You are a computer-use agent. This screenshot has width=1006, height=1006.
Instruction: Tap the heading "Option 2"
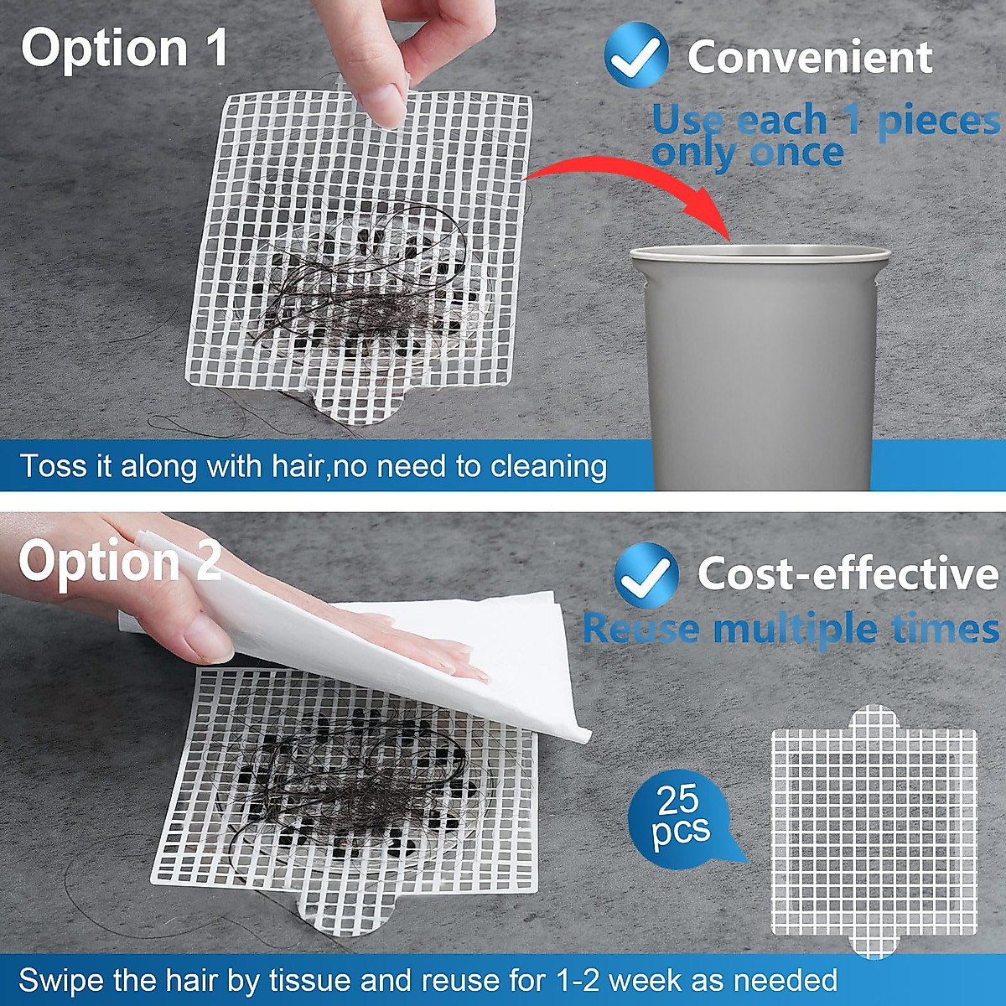[x=120, y=561]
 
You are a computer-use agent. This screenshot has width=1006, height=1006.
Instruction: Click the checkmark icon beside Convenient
[x=636, y=55]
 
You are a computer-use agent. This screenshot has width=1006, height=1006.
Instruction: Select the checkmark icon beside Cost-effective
[x=646, y=575]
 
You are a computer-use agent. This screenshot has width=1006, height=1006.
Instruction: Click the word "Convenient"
[x=809, y=57]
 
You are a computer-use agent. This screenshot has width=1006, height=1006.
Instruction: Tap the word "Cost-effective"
[x=848, y=574]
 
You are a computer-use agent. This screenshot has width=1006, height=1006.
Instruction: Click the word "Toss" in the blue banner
[x=53, y=466]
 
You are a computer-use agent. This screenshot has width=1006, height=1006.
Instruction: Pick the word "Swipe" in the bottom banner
[x=60, y=979]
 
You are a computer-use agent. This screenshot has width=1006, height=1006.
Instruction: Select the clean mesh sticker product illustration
[x=874, y=831]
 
